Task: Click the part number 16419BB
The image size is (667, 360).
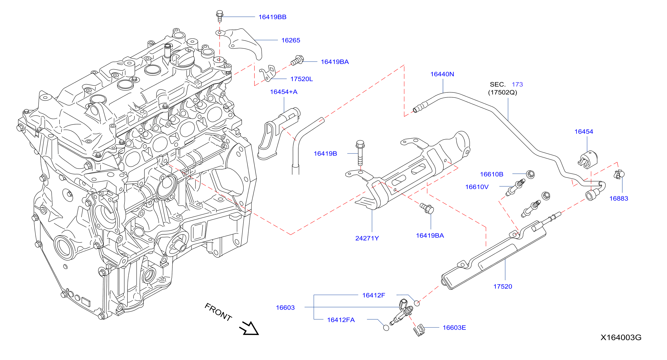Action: click(x=272, y=17)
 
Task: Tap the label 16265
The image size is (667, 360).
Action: click(x=291, y=40)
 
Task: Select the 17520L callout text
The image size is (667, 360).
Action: click(x=302, y=79)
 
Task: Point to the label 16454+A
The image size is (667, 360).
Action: click(x=283, y=92)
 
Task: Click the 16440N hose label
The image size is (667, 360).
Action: click(x=442, y=74)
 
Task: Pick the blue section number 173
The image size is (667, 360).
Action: click(x=517, y=84)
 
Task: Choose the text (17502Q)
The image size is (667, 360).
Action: click(x=503, y=92)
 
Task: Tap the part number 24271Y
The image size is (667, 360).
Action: click(x=367, y=238)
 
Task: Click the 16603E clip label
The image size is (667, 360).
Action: click(x=454, y=328)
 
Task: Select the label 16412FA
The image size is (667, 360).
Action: click(x=341, y=320)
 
